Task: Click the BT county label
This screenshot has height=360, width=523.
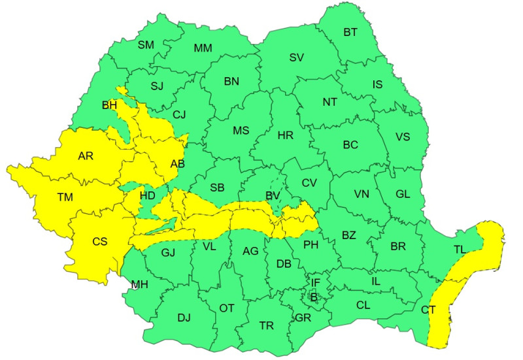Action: coord(351,32)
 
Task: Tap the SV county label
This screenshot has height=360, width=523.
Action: coord(297,57)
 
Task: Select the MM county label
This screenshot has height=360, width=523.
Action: coord(203,48)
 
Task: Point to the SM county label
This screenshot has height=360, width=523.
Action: coord(145,45)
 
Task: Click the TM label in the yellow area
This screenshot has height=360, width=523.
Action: coord(65,197)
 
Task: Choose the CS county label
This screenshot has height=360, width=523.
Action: coord(99,242)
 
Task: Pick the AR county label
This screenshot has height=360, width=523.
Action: coord(86,156)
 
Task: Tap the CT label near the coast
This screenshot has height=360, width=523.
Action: coord(429,310)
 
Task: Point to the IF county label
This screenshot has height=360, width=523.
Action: coord(316,283)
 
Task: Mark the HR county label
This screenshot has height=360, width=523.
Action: coord(286,136)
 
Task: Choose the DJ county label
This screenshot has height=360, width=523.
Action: coord(184,318)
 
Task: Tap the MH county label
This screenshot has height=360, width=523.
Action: coord(139,285)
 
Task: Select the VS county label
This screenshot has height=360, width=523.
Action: coord(403,137)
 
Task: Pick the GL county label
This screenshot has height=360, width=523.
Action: coord(403,193)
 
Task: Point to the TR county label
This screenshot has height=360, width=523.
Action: coord(267,325)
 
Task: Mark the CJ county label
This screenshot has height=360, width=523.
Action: coord(179,115)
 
